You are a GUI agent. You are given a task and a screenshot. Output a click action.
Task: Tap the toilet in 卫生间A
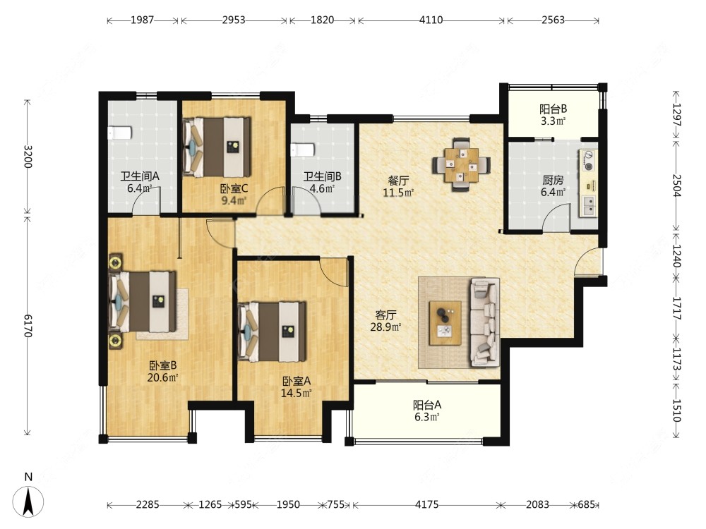119,133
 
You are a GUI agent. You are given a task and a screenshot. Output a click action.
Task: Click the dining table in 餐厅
462,165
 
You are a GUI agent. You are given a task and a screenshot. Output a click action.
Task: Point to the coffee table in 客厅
445,323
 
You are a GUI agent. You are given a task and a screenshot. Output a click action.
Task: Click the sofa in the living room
485,322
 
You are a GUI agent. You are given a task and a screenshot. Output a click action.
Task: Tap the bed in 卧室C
217,147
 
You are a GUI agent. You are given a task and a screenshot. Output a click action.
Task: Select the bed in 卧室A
272,332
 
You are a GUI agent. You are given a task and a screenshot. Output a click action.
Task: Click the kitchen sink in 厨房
588,206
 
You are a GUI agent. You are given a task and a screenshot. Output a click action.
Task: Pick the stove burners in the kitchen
588,161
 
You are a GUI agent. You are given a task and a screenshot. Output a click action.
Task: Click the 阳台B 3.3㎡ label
553,115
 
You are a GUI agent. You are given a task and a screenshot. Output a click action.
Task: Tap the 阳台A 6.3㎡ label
427,411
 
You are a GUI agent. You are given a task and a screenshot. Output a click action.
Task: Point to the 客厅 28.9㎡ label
385,321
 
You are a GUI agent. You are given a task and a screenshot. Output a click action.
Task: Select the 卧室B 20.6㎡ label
162,371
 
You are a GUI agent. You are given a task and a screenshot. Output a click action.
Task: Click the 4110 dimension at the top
431,20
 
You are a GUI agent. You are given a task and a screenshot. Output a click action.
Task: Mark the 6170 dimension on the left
28,326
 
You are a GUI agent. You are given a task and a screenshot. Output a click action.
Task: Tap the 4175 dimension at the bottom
427,504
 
